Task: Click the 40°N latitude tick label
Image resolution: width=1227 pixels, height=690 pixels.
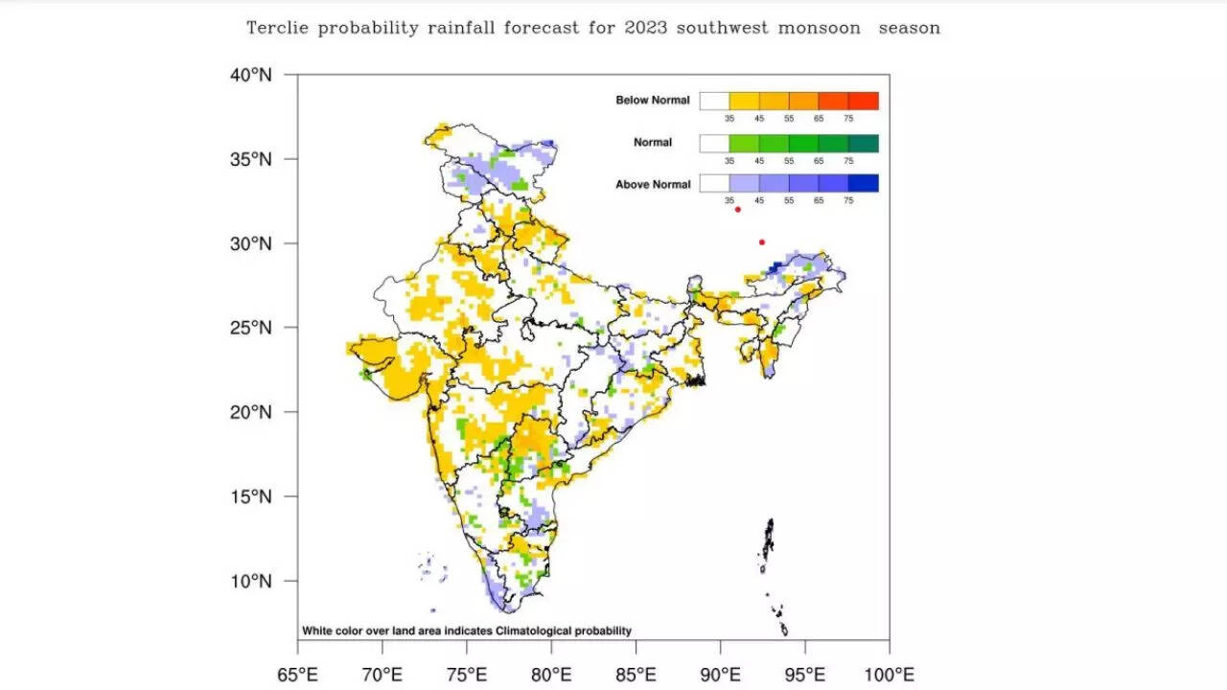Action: pos(250,75)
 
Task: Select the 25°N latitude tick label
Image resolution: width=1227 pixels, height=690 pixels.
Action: pos(250,328)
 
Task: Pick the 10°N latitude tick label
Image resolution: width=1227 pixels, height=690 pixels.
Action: pos(250,581)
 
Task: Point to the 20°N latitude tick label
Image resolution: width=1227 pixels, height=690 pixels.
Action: pos(250,412)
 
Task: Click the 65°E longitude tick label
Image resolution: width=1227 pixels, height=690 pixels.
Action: pos(297,673)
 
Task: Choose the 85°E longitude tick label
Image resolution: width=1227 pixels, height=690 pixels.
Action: pos(636,673)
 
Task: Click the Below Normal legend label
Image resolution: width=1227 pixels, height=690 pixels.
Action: pos(652,101)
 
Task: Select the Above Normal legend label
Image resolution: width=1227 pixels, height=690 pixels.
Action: pos(652,184)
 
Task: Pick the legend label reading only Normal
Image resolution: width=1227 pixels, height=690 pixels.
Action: pos(653,143)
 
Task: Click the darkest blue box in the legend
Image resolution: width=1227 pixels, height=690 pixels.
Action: pos(864,183)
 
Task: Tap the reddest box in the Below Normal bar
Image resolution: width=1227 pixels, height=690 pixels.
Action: pos(864,101)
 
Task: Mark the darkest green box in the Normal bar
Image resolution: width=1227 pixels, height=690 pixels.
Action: pos(864,143)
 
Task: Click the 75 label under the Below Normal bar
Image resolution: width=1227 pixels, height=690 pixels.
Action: pos(848,118)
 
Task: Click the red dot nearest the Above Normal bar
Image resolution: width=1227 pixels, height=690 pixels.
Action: pos(738,209)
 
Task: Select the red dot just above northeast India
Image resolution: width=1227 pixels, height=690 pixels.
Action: pos(762,241)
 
